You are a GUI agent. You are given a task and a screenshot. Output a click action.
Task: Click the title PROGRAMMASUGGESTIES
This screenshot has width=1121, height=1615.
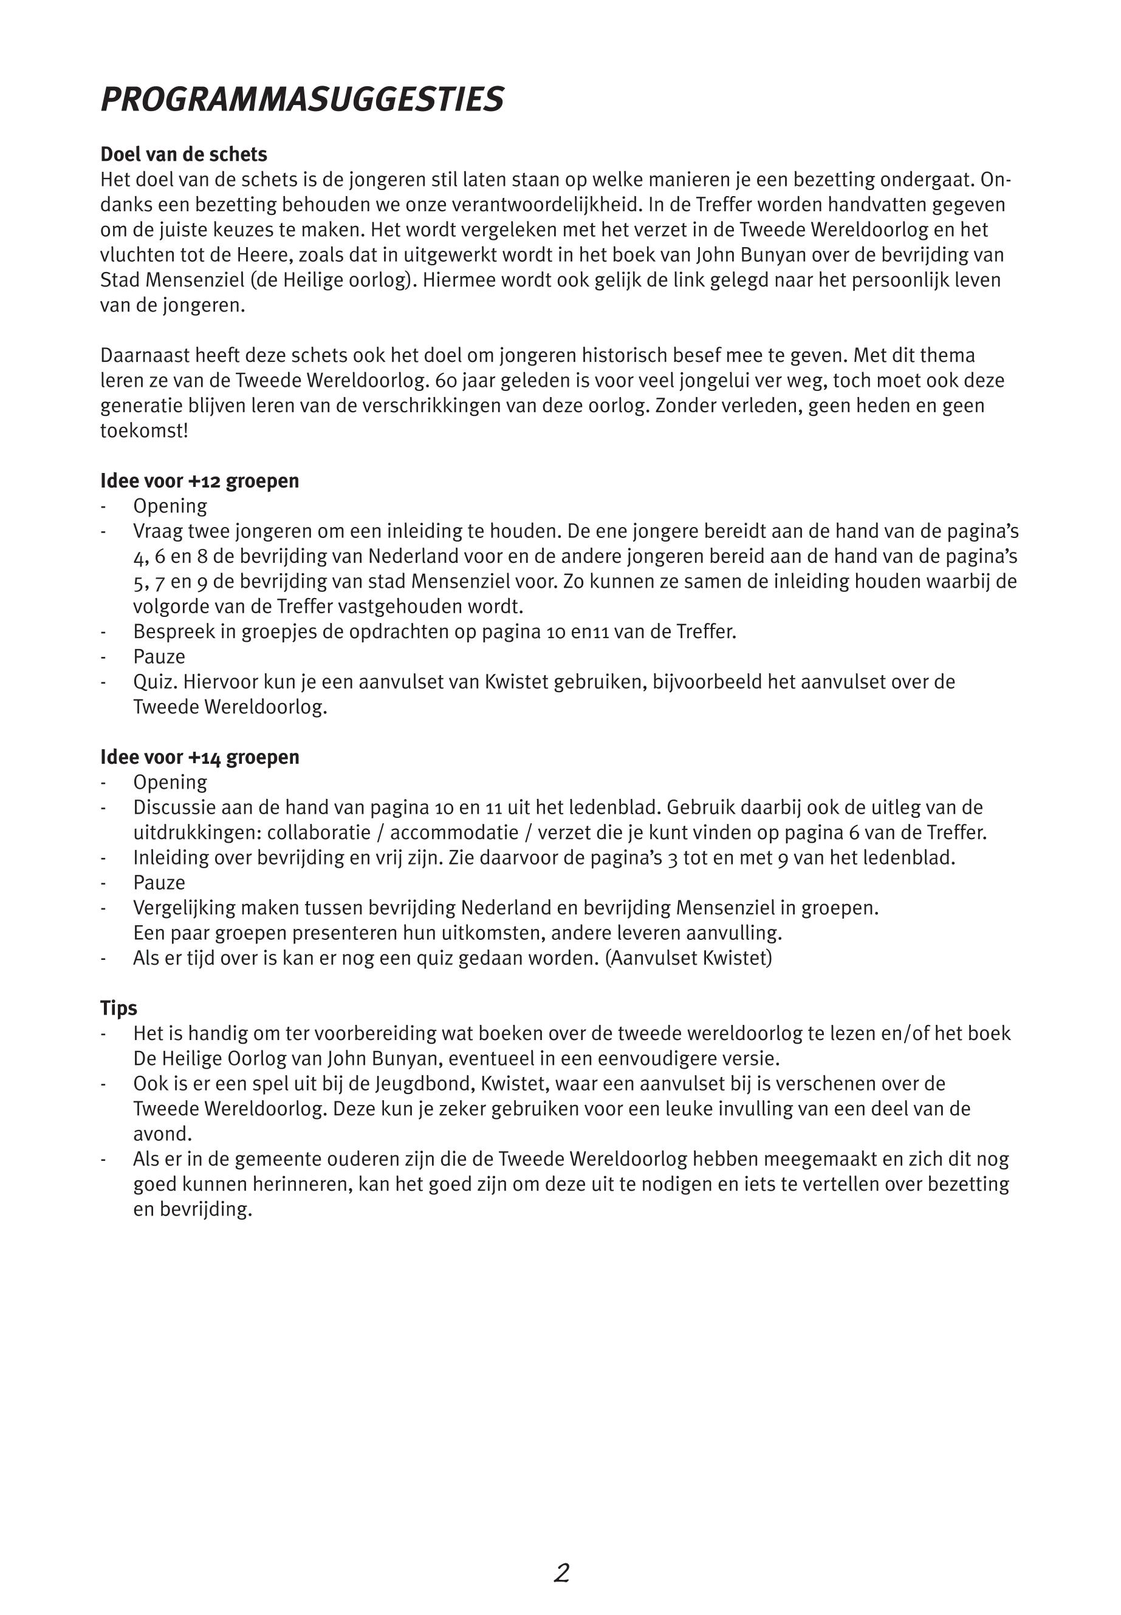[302, 100]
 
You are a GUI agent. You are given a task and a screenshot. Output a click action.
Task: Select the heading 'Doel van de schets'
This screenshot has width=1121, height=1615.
[183, 154]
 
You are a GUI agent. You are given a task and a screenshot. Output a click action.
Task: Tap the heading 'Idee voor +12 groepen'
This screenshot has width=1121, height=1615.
[199, 481]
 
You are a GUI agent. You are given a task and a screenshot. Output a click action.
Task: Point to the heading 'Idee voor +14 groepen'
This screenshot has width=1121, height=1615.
[199, 757]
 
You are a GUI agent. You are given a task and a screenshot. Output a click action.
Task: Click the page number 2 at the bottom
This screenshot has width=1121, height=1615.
[561, 1573]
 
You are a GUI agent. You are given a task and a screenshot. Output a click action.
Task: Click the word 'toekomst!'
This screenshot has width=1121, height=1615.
[144, 431]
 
